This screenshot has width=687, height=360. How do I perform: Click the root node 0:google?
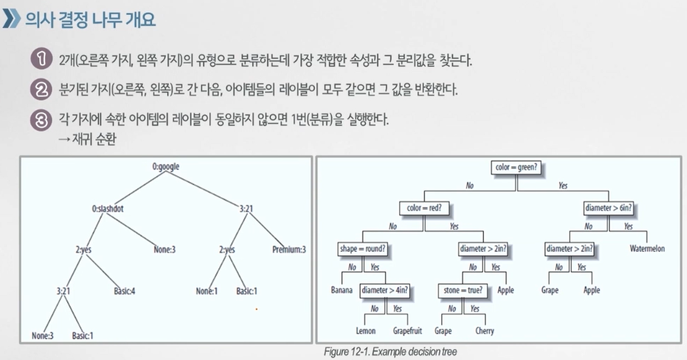click(166, 167)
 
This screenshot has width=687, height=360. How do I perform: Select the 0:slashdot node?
click(107, 209)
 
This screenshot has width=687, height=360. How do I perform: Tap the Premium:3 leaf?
click(289, 250)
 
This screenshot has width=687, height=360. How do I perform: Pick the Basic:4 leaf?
click(124, 291)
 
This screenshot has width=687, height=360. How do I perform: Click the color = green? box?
click(516, 167)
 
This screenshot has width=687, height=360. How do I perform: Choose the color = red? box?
click(424, 208)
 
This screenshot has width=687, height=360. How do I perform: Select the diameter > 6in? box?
click(608, 208)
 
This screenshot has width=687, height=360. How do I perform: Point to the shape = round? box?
click(363, 249)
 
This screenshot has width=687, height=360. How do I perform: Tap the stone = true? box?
click(463, 290)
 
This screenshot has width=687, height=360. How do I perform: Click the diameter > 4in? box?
click(385, 290)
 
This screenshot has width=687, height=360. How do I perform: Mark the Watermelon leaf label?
click(647, 249)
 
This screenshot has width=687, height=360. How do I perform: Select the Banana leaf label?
click(342, 290)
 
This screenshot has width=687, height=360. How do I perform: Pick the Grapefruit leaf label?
click(407, 331)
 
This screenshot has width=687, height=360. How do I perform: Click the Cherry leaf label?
click(484, 331)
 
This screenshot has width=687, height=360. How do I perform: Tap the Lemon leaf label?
click(365, 331)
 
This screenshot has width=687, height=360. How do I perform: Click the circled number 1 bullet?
click(42, 59)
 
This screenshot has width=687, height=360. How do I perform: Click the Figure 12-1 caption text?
click(390, 352)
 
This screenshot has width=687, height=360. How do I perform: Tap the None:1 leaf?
click(206, 291)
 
